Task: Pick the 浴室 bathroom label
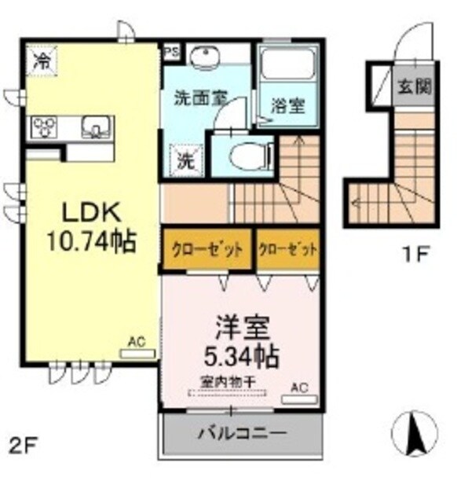point(288,104)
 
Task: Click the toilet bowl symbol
point(240,155)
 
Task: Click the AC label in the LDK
point(137,343)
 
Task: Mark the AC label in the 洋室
point(298,387)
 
